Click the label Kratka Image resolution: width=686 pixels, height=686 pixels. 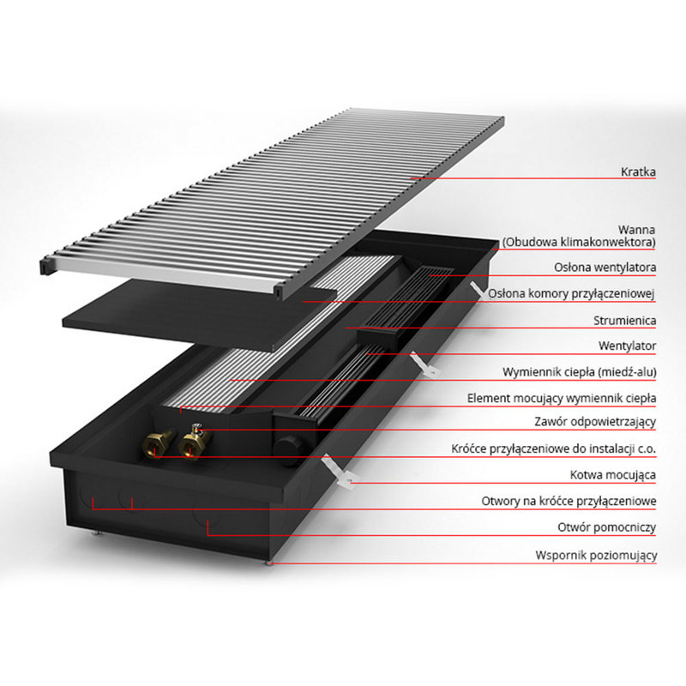pyautogui.click(x=638, y=172)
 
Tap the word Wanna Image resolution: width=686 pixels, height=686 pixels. pyautogui.click(x=636, y=230)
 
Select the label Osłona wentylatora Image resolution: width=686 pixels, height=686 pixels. pyautogui.click(x=605, y=268)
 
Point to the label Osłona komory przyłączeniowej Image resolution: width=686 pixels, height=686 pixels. pyautogui.click(x=571, y=293)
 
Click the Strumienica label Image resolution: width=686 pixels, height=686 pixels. pyautogui.click(x=625, y=321)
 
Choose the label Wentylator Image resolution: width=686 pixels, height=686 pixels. pyautogui.click(x=628, y=346)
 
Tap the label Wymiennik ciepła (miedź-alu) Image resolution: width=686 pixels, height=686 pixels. pyautogui.click(x=580, y=372)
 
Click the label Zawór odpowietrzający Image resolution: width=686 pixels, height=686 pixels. pyautogui.click(x=595, y=422)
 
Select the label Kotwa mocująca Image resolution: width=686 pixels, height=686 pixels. pyautogui.click(x=612, y=475)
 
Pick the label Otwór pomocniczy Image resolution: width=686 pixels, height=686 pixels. pyautogui.click(x=606, y=527)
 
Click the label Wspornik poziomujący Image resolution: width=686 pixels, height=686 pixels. pyautogui.click(x=596, y=555)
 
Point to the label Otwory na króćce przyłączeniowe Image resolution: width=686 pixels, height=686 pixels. pyautogui.click(x=569, y=502)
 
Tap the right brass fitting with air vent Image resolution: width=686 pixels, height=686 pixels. pyautogui.click(x=195, y=442)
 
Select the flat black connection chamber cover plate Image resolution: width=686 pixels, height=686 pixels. pyautogui.click(x=199, y=315)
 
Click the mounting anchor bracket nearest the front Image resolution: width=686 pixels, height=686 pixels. pyautogui.click(x=338, y=470)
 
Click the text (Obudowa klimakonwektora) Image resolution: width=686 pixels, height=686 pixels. pyautogui.click(x=578, y=242)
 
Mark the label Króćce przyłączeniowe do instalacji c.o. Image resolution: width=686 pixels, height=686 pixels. pyautogui.click(x=553, y=448)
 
